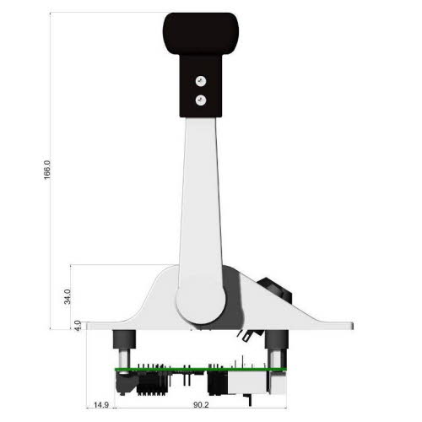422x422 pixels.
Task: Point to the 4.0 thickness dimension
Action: point(77,324)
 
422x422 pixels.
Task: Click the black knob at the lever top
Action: point(200,32)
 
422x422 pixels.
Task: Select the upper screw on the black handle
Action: point(200,81)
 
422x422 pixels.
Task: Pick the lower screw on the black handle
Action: point(200,100)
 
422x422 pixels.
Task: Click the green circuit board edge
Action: point(198,370)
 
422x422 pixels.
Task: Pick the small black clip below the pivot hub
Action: point(246,335)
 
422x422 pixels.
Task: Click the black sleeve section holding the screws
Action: point(200,89)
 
